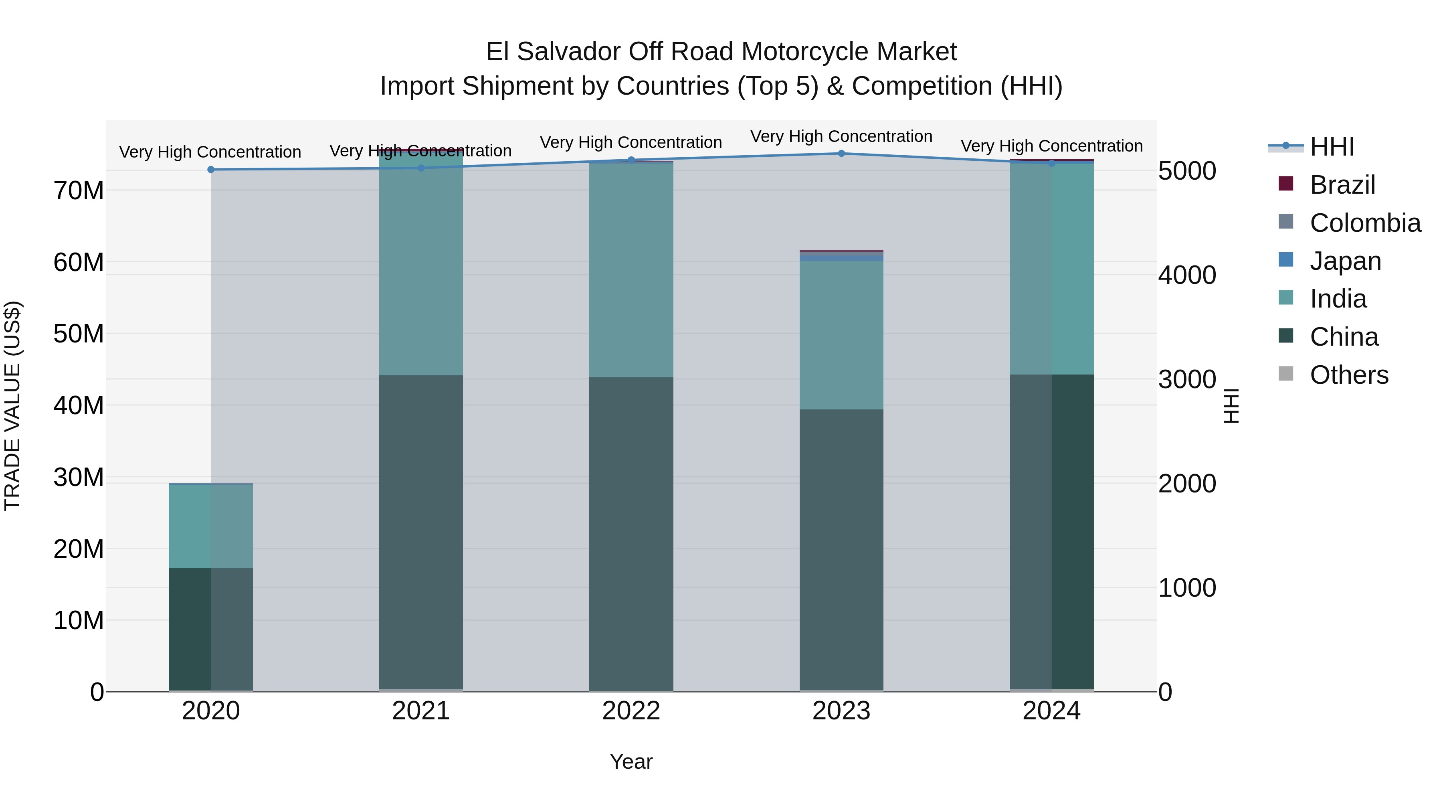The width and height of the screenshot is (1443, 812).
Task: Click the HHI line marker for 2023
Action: point(841,154)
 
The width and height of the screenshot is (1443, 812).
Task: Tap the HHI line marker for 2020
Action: point(210,170)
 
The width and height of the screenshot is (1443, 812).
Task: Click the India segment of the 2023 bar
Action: point(841,335)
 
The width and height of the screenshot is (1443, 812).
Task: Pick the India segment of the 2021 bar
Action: point(421,263)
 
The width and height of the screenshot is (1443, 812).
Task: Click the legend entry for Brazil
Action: point(1342,185)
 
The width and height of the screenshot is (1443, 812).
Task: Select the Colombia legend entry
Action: point(1364,223)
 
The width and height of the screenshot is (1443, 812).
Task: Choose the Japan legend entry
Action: point(1345,261)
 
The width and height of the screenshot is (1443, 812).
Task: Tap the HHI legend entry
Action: point(1332,147)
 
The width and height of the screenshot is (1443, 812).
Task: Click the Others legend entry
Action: point(1348,375)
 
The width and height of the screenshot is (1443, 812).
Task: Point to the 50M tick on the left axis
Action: point(79,334)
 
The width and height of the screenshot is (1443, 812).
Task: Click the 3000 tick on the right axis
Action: point(1187,379)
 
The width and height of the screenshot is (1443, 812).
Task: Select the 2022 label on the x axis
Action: point(631,711)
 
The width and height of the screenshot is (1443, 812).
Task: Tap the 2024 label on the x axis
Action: point(1051,711)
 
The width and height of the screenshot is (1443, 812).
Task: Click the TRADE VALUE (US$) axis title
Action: point(12,406)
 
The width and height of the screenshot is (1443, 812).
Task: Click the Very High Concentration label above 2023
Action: point(841,136)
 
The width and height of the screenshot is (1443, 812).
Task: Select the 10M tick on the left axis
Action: point(79,621)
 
